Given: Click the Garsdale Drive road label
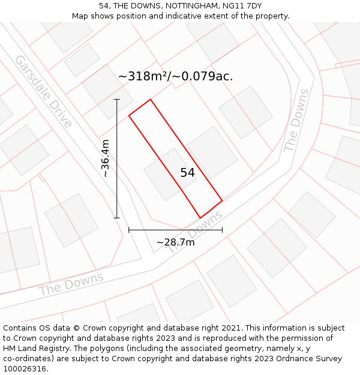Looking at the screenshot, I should tap(43, 91).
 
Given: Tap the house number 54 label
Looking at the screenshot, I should tap(187, 173).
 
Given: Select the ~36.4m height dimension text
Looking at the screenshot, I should tap(106, 158).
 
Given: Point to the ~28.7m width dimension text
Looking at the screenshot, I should tap(175, 242).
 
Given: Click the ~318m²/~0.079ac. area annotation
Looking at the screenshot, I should tap(175, 76).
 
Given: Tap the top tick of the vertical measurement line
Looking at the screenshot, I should tap(117, 100).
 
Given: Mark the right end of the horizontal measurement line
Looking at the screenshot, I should tap(222, 229).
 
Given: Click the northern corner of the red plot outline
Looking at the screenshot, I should tap(150, 100).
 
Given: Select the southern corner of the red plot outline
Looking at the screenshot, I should tap(200, 218).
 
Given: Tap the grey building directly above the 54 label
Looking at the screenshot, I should tap(212, 151).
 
